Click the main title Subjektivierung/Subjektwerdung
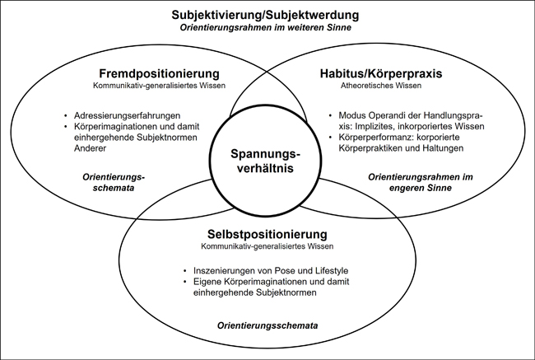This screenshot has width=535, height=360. point(265,16)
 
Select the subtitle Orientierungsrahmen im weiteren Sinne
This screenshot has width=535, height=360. point(266,28)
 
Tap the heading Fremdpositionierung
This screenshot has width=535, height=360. point(159,73)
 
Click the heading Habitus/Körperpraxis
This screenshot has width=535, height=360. point(381,74)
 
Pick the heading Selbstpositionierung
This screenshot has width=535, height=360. point(267,234)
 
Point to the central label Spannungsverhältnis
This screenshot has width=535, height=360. point(265,161)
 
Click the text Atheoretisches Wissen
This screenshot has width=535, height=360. point(381,86)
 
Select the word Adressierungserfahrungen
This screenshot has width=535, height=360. point(127,115)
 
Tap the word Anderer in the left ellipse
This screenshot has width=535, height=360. point(90,148)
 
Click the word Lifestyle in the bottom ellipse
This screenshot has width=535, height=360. point(331,271)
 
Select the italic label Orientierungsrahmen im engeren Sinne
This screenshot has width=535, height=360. point(421,182)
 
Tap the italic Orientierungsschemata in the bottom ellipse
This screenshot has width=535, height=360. point(267,325)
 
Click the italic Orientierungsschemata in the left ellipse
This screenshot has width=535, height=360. point(114,182)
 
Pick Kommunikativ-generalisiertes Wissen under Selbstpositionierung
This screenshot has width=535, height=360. point(267,246)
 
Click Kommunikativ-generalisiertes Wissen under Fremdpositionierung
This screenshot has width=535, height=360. point(159,86)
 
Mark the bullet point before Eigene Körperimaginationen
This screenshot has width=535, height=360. point(185,282)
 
